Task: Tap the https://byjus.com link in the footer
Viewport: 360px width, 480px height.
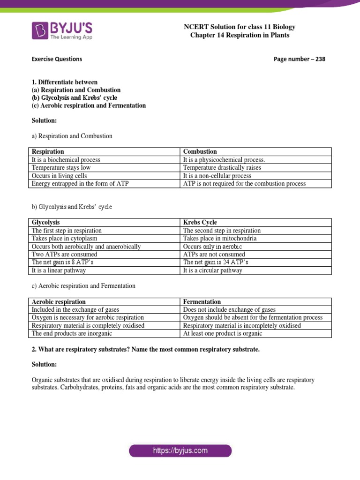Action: (x=180, y=451)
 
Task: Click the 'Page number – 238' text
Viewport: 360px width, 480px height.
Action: (x=299, y=59)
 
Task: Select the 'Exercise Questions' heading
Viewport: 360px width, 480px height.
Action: (x=57, y=59)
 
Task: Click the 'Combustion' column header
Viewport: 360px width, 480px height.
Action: (x=200, y=151)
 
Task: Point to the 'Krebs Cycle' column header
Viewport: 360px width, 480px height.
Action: (x=200, y=222)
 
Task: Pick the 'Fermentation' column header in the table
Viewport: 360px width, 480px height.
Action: (x=202, y=302)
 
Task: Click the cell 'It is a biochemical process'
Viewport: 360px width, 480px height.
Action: (x=66, y=160)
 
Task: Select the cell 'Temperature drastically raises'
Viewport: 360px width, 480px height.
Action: (x=222, y=167)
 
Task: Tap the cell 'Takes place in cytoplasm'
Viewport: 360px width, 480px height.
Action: (x=67, y=239)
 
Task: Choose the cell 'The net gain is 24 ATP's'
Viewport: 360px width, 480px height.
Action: (x=216, y=262)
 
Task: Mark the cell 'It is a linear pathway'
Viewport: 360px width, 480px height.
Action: (x=59, y=270)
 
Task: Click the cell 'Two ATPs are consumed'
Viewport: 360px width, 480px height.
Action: (x=65, y=255)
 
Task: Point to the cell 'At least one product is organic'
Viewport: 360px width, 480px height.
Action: (x=223, y=334)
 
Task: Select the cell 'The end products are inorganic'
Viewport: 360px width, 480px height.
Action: (x=72, y=334)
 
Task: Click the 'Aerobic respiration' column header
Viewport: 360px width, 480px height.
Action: (x=59, y=302)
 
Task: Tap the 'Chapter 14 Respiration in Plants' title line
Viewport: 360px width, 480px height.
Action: (x=240, y=35)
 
